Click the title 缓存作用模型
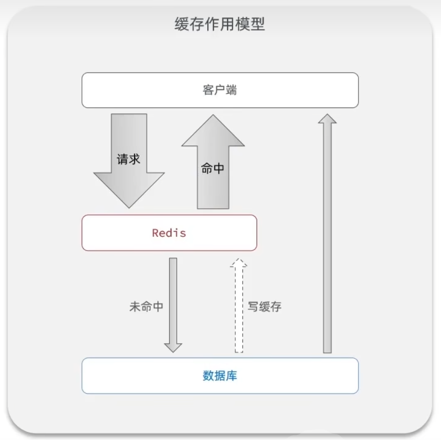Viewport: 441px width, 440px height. [220, 24]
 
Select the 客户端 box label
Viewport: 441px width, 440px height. [219, 90]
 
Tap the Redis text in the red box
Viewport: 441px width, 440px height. [169, 233]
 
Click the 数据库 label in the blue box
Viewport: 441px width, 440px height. [219, 376]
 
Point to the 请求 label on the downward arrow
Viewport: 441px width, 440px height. [128, 159]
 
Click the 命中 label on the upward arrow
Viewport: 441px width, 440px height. [212, 169]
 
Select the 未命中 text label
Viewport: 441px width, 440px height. [146, 307]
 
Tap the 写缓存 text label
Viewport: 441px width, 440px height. [264, 307]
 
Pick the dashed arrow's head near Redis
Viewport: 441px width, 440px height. [239, 263]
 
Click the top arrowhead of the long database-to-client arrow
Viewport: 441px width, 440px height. [327, 119]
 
